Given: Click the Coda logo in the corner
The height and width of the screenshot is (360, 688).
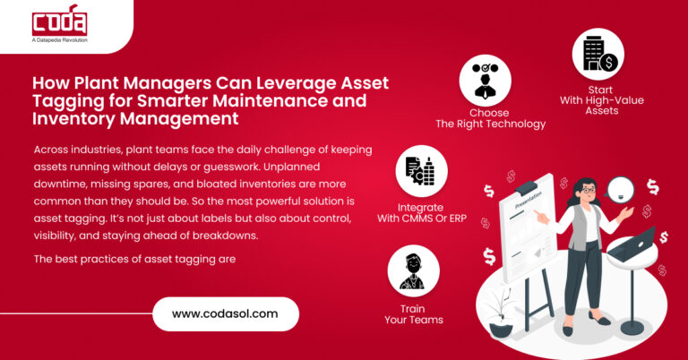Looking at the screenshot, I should coord(59,23).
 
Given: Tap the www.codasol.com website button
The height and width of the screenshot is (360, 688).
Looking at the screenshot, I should coord(223,314).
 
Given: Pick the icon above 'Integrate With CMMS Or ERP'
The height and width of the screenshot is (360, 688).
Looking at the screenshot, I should coord(422,172).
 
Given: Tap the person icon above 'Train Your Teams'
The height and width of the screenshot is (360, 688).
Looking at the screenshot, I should coord(414,271).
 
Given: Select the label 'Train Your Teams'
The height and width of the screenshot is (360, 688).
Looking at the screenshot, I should coord(414,313).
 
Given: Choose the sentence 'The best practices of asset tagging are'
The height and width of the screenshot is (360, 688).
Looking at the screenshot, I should coord(133,259).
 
